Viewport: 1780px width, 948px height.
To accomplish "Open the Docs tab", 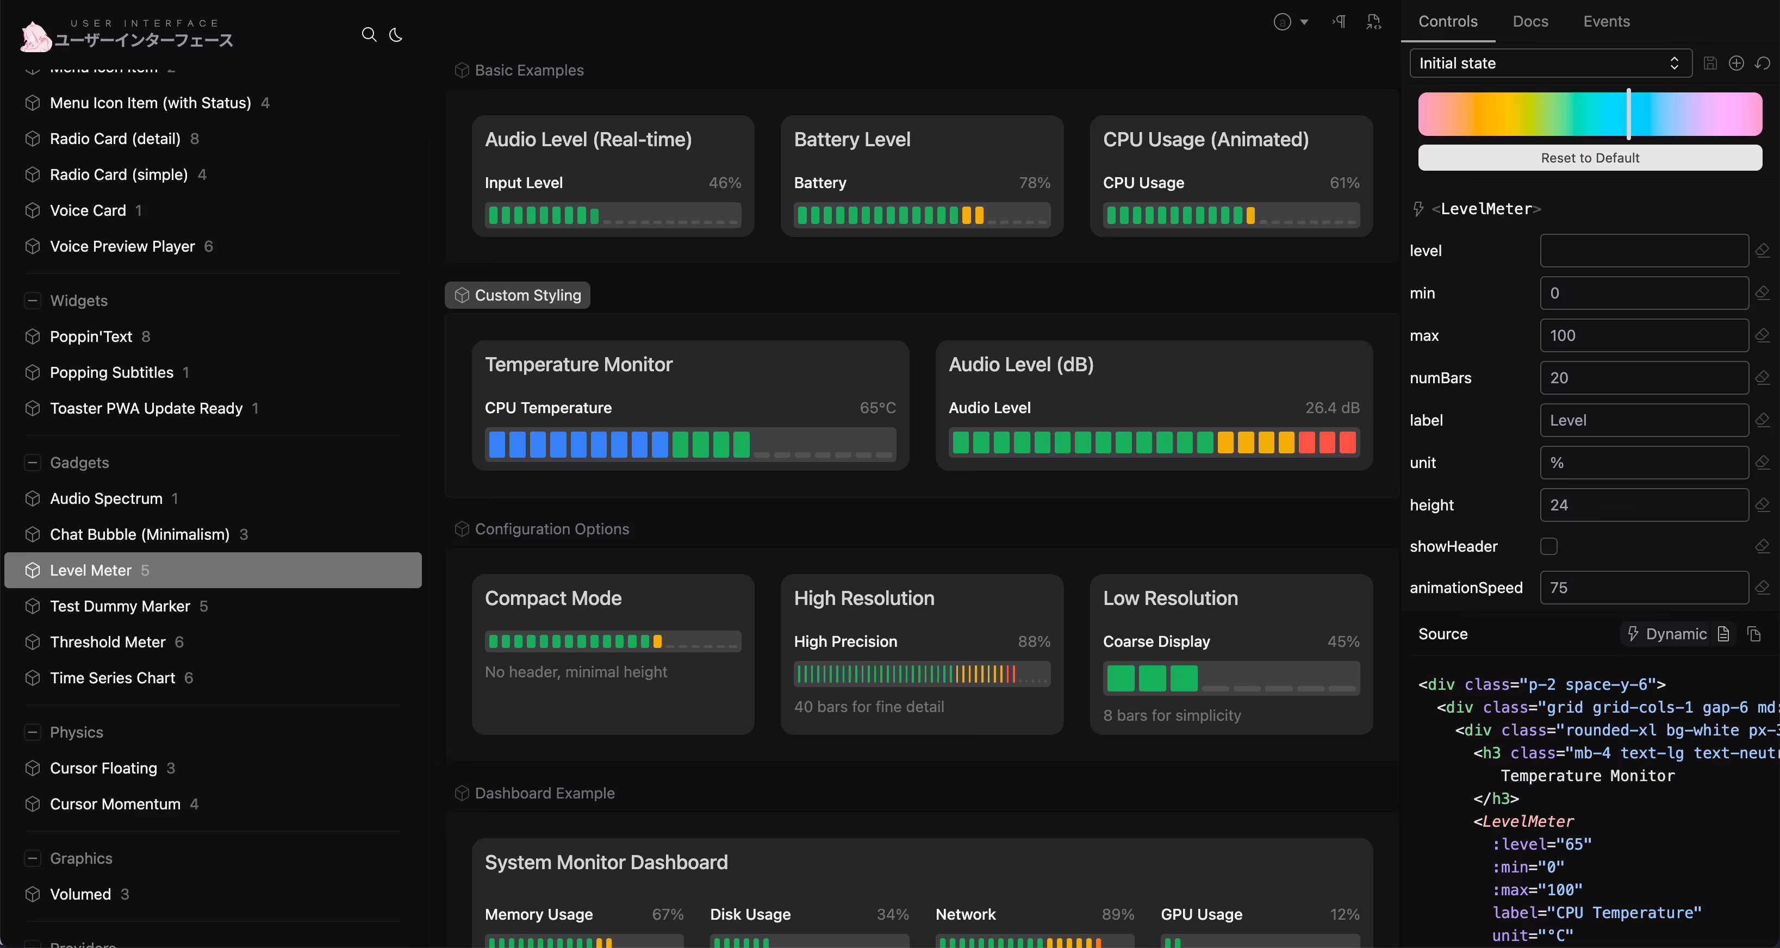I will (1530, 21).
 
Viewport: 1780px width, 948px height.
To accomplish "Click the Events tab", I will (1606, 21).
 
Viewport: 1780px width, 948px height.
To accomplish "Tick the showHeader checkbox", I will (1548, 546).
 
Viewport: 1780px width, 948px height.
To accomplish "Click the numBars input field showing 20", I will (1643, 378).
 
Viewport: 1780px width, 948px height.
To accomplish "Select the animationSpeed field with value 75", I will (1643, 588).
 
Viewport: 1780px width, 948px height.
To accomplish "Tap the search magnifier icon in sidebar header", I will (369, 35).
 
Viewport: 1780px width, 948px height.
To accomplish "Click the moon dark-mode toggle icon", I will (396, 35).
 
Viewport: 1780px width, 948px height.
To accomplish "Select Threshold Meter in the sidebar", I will (107, 642).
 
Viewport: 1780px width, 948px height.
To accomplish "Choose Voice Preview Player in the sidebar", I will (122, 246).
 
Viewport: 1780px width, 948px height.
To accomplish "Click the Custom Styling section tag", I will (518, 295).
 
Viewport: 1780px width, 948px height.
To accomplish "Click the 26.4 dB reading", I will (1331, 408).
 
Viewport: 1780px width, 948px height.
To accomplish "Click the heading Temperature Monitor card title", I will (578, 364).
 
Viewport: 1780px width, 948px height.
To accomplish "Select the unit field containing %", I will (1643, 463).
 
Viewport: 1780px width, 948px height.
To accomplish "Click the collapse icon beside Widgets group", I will (32, 301).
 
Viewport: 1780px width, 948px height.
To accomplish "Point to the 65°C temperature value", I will (877, 408).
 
